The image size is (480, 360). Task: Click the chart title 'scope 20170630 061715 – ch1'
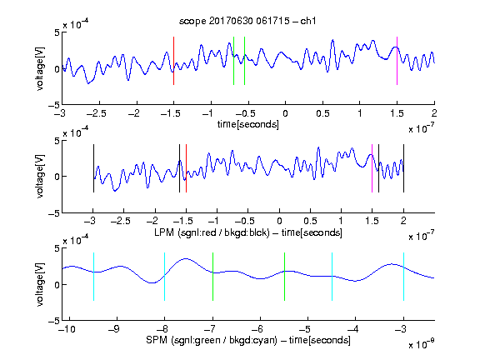click(247, 21)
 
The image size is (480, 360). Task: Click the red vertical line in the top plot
click(173, 61)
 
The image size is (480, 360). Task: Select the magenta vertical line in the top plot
click(397, 61)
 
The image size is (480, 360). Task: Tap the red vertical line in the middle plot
click(186, 168)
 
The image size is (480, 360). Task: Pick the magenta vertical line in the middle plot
click(372, 168)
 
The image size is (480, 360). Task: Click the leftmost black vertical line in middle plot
click(93, 168)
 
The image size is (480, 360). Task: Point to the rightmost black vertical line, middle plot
click(403, 168)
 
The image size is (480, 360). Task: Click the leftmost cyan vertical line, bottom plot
click(93, 277)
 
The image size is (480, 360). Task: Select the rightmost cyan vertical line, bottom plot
click(403, 277)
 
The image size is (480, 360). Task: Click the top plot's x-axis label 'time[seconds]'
click(248, 124)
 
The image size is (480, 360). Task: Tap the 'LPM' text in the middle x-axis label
click(164, 232)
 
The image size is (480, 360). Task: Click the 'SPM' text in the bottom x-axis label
click(157, 340)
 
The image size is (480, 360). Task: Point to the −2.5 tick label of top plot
click(97, 113)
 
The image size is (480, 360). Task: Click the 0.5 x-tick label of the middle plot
click(310, 221)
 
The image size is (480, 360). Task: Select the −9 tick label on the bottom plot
click(114, 329)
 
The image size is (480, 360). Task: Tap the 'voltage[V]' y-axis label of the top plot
click(40, 68)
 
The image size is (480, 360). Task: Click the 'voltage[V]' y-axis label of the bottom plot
click(40, 284)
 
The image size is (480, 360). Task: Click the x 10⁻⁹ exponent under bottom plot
click(421, 344)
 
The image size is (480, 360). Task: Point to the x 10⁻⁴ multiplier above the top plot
click(76, 23)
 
